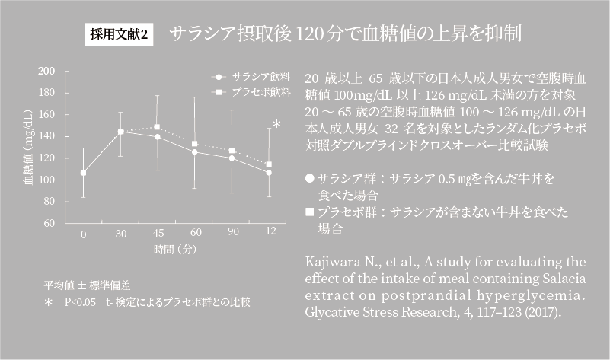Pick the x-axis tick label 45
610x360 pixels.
tap(158, 233)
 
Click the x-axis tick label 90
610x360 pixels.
tap(232, 233)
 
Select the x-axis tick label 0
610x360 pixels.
tap(83, 233)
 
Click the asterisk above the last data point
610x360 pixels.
tap(276, 125)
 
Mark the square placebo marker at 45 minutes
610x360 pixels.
tap(158, 127)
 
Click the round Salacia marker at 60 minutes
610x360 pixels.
tap(194, 152)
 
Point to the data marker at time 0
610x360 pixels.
tap(83, 173)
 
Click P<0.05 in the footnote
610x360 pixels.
tap(80, 302)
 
